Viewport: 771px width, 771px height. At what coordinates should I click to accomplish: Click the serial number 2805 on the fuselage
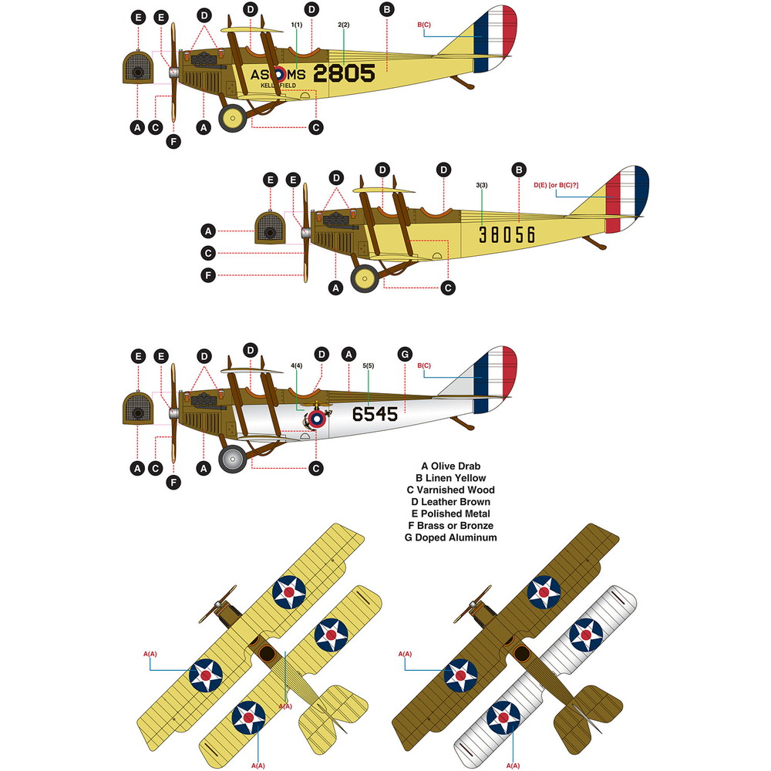pyautogui.click(x=344, y=73)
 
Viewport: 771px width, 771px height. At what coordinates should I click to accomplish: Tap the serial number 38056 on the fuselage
pyautogui.click(x=506, y=235)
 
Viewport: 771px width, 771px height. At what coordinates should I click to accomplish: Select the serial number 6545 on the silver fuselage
pyautogui.click(x=375, y=414)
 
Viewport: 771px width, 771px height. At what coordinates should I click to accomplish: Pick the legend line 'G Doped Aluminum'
pyautogui.click(x=451, y=537)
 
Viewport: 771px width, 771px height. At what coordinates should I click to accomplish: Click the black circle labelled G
pyautogui.click(x=405, y=354)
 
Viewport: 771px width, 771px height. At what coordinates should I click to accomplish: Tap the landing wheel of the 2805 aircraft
pyautogui.click(x=232, y=117)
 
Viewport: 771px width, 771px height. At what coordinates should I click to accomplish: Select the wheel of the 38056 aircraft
pyautogui.click(x=365, y=278)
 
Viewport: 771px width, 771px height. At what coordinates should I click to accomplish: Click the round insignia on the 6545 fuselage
pyautogui.click(x=315, y=419)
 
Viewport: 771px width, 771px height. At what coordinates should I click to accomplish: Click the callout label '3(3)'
pyautogui.click(x=481, y=185)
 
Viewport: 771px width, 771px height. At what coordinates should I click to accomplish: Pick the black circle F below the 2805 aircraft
pyautogui.click(x=173, y=141)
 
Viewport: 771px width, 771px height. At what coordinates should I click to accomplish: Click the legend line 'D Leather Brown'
pyautogui.click(x=452, y=502)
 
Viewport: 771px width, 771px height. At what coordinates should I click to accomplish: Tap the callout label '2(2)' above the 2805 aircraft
pyautogui.click(x=344, y=25)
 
